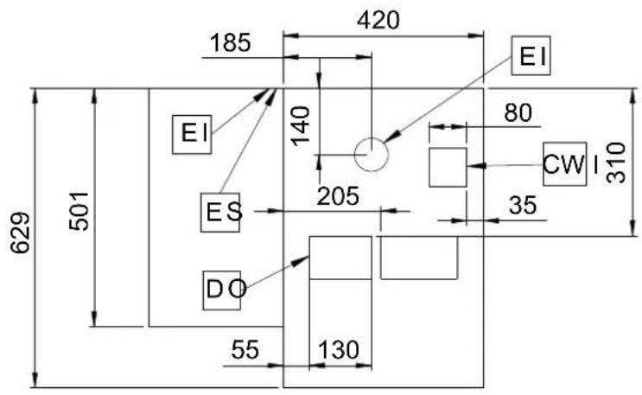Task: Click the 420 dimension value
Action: tap(378, 20)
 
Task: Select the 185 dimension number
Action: tap(230, 42)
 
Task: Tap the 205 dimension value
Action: tap(338, 196)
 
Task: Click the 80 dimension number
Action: tap(518, 112)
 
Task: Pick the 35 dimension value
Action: tap(523, 205)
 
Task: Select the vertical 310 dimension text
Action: tap(616, 162)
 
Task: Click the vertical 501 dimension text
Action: tap(79, 211)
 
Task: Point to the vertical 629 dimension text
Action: tap(20, 233)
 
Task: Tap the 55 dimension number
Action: tap(245, 350)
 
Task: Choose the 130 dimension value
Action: tap(339, 350)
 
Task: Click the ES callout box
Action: tap(220, 213)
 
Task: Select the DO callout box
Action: tap(222, 290)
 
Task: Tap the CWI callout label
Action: tap(565, 164)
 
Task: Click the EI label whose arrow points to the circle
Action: tap(531, 55)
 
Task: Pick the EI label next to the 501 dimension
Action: tap(192, 134)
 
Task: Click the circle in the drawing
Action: tap(371, 155)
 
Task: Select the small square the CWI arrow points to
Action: tap(448, 167)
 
